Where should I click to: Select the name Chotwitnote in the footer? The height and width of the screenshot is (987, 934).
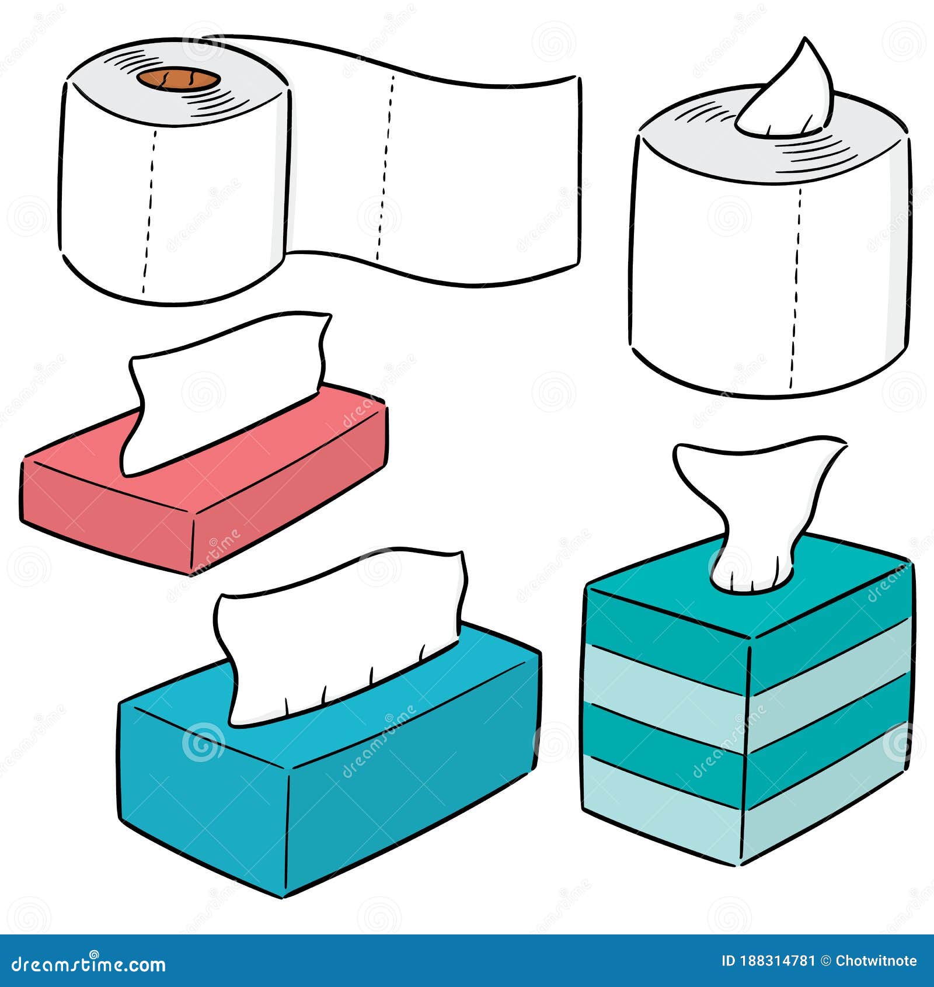(x=876, y=961)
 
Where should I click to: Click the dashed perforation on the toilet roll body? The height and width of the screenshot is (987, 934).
(x=149, y=210)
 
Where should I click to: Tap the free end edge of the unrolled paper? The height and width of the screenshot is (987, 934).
(x=578, y=169)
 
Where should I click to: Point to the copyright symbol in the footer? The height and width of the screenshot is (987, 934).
(x=825, y=961)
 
